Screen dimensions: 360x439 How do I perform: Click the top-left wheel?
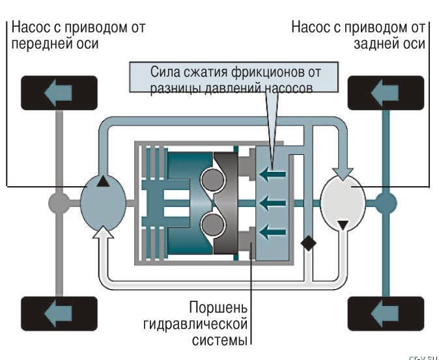coord(59,93)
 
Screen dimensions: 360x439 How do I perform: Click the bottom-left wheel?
coord(59,314)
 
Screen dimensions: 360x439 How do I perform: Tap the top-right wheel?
coord(386,93)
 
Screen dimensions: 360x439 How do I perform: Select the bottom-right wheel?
coord(386,314)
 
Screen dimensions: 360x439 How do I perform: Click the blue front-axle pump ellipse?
coord(104,203)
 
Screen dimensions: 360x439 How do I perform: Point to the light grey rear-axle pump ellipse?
coord(344,203)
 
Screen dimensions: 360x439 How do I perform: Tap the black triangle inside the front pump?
coord(103,182)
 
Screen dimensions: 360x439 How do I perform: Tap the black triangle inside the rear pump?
coord(345,225)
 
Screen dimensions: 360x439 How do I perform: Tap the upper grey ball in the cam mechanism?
coord(211,180)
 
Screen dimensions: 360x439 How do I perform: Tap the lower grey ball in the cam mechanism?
coord(211,225)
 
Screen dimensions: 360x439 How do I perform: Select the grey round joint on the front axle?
coord(59,203)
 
